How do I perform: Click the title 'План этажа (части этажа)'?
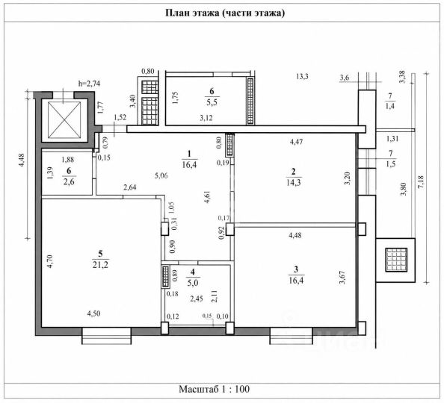tap(225, 13)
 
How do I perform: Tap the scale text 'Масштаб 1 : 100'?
tap(214, 389)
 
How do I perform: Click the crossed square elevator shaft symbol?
tap(64, 120)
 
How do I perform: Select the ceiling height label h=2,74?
tap(89, 84)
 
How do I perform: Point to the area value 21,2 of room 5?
tap(100, 265)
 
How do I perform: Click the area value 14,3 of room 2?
tap(294, 182)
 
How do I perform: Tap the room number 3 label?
tap(296, 269)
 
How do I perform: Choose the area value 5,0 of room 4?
tap(193, 283)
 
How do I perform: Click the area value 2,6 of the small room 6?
tap(69, 181)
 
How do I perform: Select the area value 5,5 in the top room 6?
tap(212, 101)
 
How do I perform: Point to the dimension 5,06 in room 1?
tap(161, 175)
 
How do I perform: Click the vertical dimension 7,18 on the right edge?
tap(421, 182)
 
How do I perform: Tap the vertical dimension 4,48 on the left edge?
tap(22, 160)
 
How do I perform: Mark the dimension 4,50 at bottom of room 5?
tap(93, 313)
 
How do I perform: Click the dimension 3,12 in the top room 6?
tap(206, 118)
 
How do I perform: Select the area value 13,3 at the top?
tap(302, 76)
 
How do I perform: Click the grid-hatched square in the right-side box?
tap(396, 260)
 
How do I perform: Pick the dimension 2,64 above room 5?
tap(130, 187)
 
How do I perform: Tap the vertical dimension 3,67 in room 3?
tap(342, 278)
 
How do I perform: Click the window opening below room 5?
tap(106, 336)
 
